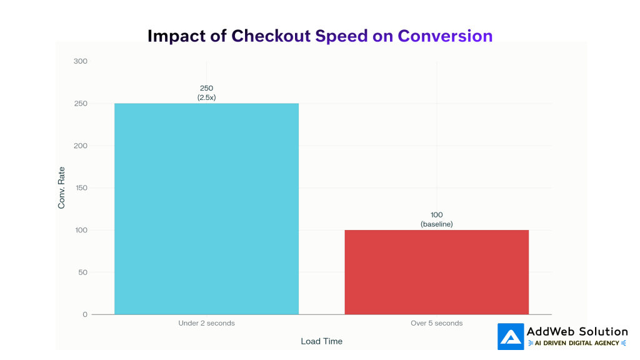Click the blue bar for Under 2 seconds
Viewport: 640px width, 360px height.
[206, 209]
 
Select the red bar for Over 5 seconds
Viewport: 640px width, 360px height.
[436, 272]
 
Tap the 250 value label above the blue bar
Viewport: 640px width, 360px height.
[206, 88]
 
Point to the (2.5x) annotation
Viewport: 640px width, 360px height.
[206, 97]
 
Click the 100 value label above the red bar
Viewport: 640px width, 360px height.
[436, 215]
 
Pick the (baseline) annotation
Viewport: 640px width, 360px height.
[436, 224]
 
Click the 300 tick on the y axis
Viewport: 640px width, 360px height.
[81, 61]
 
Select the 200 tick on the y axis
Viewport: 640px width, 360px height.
[81, 146]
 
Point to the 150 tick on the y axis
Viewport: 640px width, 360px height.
[81, 188]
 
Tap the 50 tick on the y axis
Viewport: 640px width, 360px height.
[82, 272]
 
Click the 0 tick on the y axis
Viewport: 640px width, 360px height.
[85, 314]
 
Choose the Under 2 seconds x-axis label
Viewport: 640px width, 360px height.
[206, 323]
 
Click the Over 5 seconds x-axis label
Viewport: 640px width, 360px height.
[436, 323]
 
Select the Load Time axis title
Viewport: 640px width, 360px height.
[321, 341]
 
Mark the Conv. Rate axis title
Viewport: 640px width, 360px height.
[61, 188]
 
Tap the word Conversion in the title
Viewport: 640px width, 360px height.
[445, 36]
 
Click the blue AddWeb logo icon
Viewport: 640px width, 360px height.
[511, 336]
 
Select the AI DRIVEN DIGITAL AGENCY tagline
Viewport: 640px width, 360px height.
[577, 343]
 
